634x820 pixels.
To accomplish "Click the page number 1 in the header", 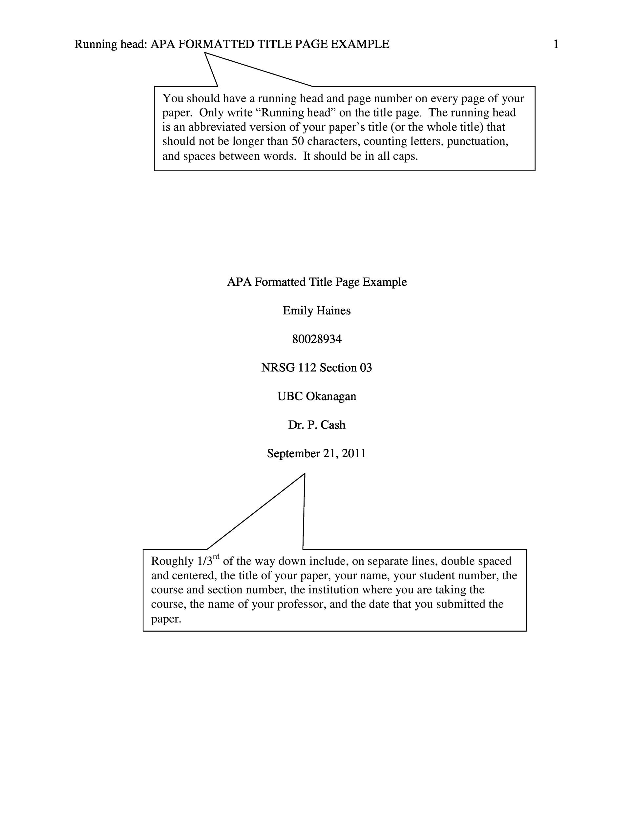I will pos(556,44).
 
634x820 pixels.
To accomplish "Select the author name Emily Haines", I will pos(317,311).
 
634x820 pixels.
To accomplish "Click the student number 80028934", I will pos(317,339).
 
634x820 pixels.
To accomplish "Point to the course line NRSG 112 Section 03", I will pos(317,368).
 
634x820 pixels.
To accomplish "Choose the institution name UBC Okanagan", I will pos(317,396).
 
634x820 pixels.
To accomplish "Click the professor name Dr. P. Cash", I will pos(317,425).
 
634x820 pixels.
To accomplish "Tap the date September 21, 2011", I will pos(317,453).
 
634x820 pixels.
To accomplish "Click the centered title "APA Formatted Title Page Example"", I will pos(317,282).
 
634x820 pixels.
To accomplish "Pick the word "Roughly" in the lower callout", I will pos(172,561).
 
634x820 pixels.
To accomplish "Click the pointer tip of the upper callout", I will pos(205,53).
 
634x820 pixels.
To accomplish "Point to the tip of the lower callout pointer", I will pos(305,474).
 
